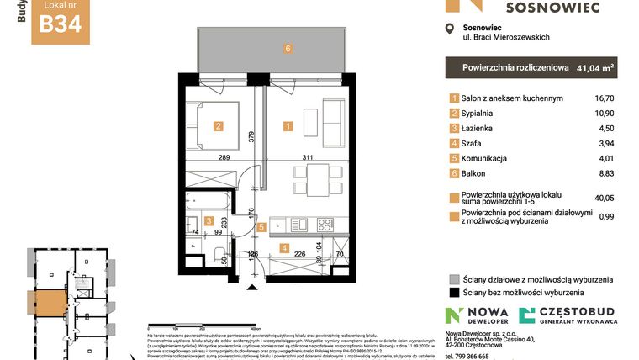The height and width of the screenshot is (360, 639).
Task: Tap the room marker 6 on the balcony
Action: click(x=288, y=49)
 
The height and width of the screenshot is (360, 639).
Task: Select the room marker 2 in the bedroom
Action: click(x=218, y=127)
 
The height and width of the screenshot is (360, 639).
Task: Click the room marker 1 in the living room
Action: click(x=288, y=127)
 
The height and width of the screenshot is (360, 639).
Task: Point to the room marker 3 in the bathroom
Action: click(x=209, y=220)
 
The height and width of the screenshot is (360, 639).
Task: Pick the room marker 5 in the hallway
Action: click(x=261, y=226)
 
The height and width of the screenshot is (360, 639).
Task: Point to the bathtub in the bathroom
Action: click(x=209, y=202)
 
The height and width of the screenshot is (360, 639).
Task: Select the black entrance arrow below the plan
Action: click(x=253, y=288)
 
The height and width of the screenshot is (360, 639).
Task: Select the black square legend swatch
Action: click(x=454, y=294)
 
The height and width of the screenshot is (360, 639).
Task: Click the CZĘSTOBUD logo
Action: click(x=566, y=316)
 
